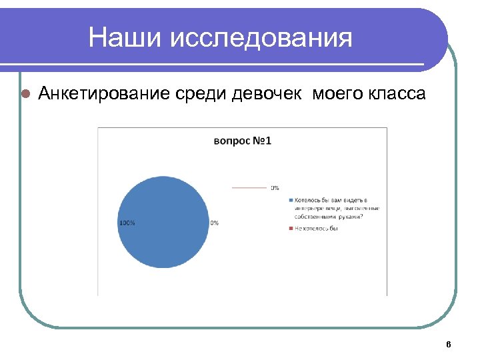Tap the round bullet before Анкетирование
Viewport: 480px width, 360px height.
pos(25,94)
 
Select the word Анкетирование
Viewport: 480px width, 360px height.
pos(105,93)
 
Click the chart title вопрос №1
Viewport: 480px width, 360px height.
pos(242,141)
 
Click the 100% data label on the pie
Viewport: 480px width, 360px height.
pos(127,223)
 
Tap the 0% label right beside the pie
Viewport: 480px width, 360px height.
pos(215,223)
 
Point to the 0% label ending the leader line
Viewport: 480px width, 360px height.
pos(275,188)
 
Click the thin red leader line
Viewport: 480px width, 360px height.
pos(249,188)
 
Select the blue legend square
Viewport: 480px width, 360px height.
pos(291,201)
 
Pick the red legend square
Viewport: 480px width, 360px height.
pos(291,229)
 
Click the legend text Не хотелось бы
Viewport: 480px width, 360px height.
pos(317,229)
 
